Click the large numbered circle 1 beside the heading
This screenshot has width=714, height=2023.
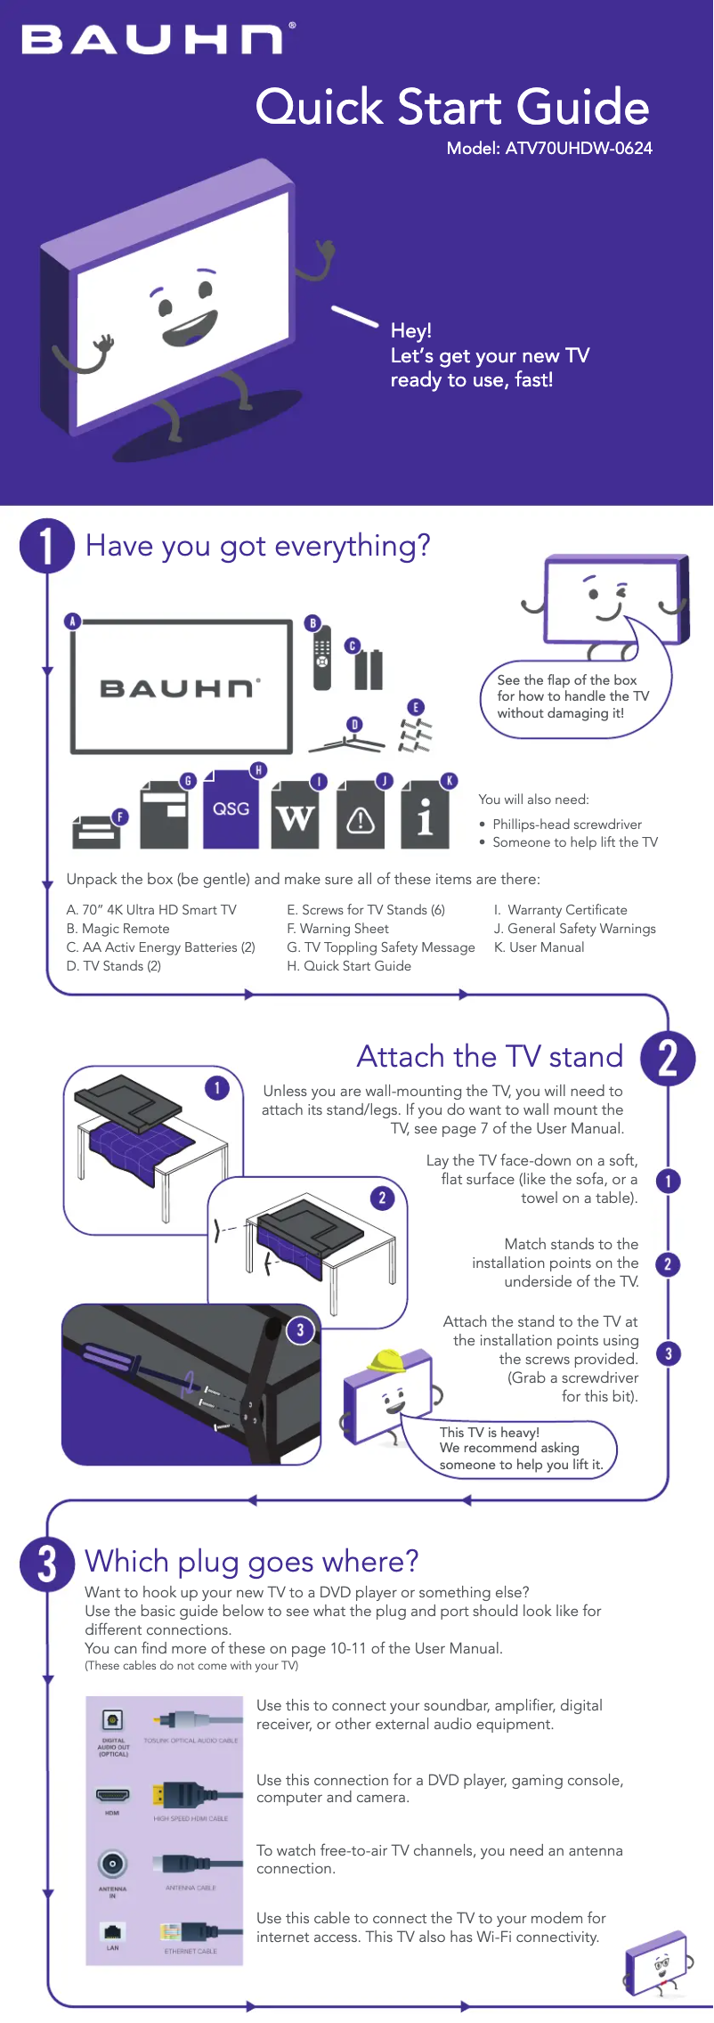46,545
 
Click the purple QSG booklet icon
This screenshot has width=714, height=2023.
231,808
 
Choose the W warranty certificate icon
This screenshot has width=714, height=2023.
295,817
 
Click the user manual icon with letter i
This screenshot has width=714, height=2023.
425,817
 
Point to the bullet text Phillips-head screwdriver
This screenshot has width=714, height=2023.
567,825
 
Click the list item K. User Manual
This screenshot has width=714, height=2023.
540,947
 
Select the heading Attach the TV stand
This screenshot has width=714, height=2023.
490,1057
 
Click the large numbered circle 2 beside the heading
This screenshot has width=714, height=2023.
668,1059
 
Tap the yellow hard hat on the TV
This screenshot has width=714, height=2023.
387,1360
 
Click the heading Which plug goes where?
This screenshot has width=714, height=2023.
252,1562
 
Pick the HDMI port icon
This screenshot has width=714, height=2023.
112,1796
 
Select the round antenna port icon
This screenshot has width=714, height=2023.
112,1863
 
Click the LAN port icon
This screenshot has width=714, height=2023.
112,1931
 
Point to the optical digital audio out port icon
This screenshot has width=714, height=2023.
112,1720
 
